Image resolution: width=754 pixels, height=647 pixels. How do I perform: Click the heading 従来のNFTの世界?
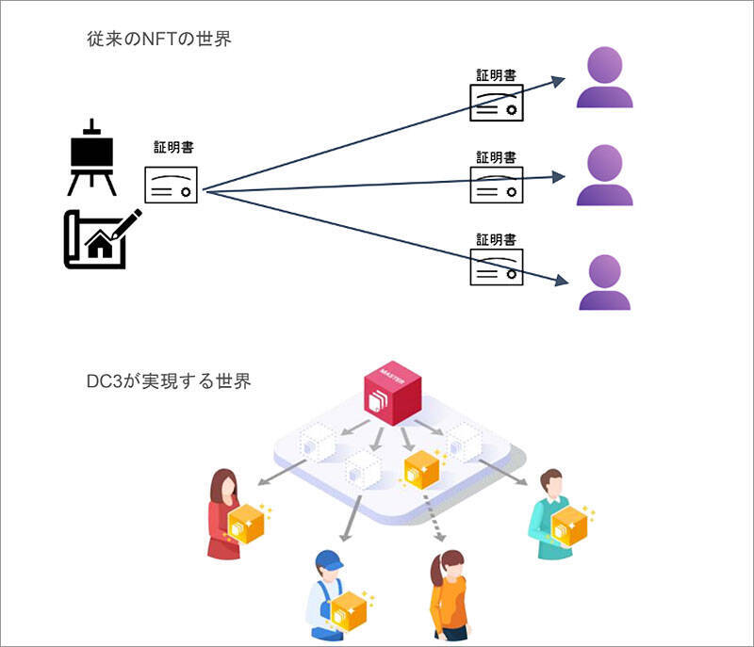pos(158,40)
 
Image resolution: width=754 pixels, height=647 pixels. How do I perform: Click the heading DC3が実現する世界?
pos(168,382)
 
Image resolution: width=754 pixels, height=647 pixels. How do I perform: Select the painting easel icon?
pos(91,157)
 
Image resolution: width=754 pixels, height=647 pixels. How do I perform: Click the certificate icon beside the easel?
pos(171,184)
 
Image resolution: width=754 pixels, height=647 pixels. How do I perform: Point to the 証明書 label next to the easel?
pos(173,148)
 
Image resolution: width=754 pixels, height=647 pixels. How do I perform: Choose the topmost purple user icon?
pos(604,80)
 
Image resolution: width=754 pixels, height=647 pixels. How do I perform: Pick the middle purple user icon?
pos(604,176)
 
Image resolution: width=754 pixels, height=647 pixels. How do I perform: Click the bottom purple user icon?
pos(604,283)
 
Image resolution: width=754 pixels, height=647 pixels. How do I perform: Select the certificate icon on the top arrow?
pos(497,103)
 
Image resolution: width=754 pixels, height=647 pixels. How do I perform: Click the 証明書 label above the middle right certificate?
pos(496,157)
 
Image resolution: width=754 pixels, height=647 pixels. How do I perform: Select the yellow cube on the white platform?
pos(421,468)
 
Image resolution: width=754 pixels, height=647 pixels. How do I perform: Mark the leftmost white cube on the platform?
pos(317,443)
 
